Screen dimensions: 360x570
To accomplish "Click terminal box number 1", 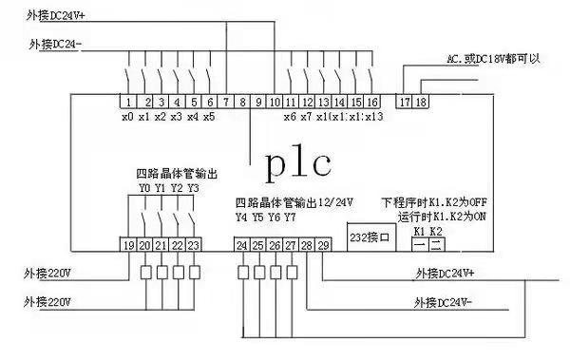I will [126, 101].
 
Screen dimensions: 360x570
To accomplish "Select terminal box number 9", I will [258, 101].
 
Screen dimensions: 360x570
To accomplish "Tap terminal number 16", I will [372, 101].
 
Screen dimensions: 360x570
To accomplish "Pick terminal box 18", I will [421, 101].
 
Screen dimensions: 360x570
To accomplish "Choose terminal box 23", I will [194, 245].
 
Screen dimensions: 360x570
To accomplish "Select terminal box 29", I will [323, 245].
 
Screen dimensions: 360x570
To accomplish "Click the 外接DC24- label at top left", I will [58, 45].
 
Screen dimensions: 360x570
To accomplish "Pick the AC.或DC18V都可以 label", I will [493, 59].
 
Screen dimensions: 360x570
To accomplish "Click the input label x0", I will [127, 117].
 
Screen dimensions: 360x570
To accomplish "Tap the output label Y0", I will [144, 188].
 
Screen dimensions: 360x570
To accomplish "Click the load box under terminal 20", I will [144, 274].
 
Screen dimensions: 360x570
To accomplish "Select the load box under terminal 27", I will [290, 274].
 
